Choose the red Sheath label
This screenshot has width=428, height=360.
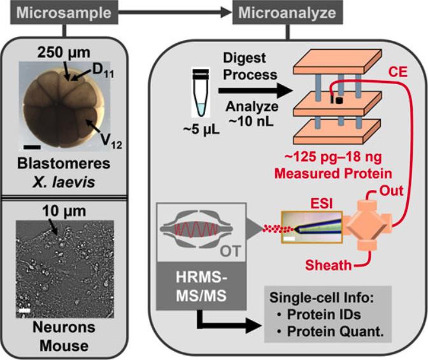tap(329, 263)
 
